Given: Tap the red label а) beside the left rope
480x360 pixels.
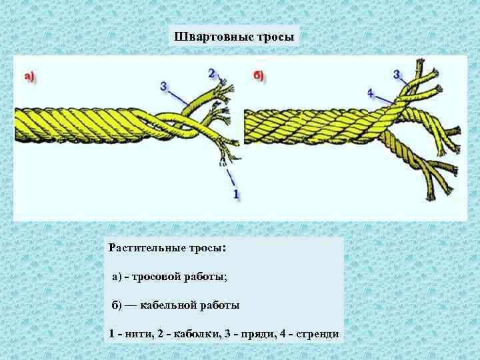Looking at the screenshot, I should click(29, 77).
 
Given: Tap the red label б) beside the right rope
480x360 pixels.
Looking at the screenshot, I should click(259, 75).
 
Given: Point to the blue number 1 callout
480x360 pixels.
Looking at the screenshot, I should click(236, 193).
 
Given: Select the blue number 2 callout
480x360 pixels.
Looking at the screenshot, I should click(212, 73).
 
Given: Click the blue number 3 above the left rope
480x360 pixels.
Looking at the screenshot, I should click(164, 87).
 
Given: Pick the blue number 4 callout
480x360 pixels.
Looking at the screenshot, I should click(370, 92).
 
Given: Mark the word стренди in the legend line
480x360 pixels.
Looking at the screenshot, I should click(319, 333).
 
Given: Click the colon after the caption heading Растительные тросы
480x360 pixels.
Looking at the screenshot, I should click(224, 249).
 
